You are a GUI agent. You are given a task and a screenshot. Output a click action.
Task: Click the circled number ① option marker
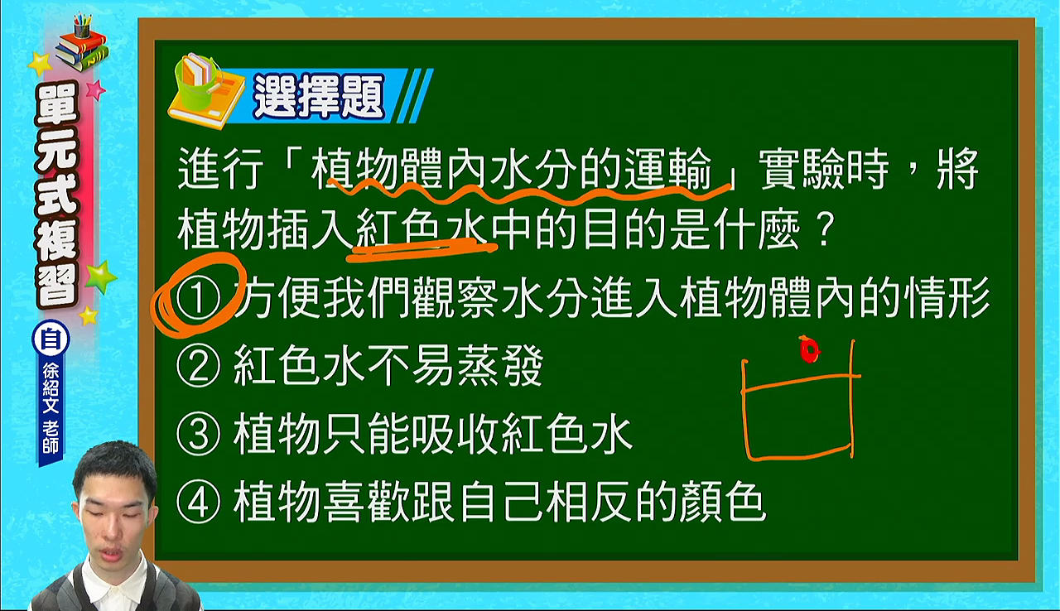198,298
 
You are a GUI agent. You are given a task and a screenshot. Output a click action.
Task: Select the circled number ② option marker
198,366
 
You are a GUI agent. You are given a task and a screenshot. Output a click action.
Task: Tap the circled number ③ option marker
198,434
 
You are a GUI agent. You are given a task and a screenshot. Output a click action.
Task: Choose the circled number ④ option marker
198,502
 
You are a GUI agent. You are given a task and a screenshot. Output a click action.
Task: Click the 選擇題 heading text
319,96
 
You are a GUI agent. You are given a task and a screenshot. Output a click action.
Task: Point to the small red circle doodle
809,349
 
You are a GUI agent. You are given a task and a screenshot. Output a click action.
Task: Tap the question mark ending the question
824,230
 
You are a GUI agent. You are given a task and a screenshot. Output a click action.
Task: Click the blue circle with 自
51,339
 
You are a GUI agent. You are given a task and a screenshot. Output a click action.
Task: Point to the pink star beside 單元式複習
95,89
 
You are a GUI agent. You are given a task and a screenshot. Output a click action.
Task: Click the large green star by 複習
101,277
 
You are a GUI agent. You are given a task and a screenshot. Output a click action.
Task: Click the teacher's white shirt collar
113,584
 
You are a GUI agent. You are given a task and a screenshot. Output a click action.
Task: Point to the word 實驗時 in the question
823,169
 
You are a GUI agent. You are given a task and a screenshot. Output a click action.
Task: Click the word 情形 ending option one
947,298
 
